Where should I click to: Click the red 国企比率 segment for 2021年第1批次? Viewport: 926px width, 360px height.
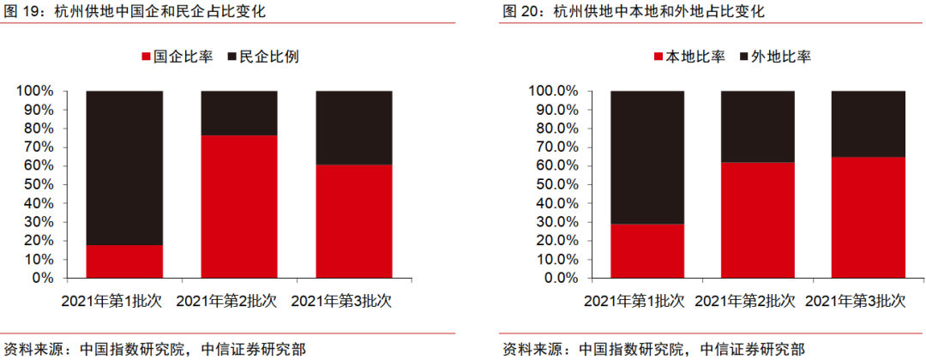click(124, 261)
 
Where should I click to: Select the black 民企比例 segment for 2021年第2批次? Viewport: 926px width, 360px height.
click(238, 112)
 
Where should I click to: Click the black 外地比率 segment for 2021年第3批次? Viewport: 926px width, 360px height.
click(868, 123)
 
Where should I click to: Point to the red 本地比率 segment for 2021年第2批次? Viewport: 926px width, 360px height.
click(757, 220)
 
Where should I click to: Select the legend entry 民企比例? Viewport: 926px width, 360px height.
click(262, 57)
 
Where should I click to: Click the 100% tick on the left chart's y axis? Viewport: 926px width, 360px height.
click(35, 91)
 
